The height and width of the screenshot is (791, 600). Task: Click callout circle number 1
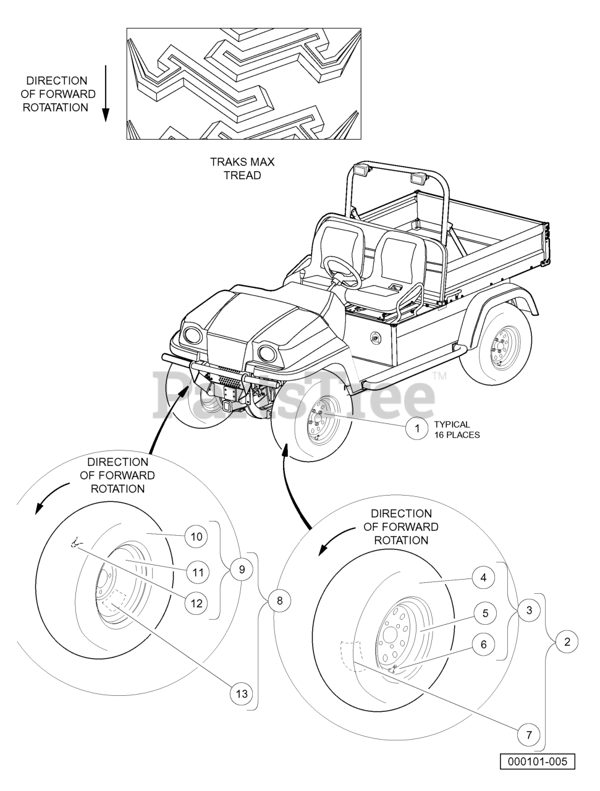click(x=417, y=428)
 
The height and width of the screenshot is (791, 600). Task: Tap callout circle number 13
click(x=242, y=693)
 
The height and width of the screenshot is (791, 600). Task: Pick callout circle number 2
click(x=567, y=641)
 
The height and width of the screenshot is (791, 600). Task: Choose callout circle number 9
click(x=242, y=569)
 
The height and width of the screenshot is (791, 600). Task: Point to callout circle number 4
click(x=484, y=578)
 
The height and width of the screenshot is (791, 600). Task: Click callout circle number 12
click(x=196, y=603)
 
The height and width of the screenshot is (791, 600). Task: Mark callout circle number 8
click(x=280, y=601)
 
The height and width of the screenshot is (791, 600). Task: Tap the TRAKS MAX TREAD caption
click(x=242, y=169)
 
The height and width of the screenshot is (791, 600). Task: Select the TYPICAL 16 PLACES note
click(x=457, y=429)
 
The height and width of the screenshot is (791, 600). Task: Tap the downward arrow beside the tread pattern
click(x=105, y=93)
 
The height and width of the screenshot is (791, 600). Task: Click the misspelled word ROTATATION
click(x=56, y=108)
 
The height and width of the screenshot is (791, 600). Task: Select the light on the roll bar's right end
click(x=418, y=178)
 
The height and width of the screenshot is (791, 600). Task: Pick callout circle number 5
click(x=485, y=613)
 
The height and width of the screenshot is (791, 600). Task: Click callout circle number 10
click(x=196, y=536)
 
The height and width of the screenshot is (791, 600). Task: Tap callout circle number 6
click(x=484, y=645)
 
